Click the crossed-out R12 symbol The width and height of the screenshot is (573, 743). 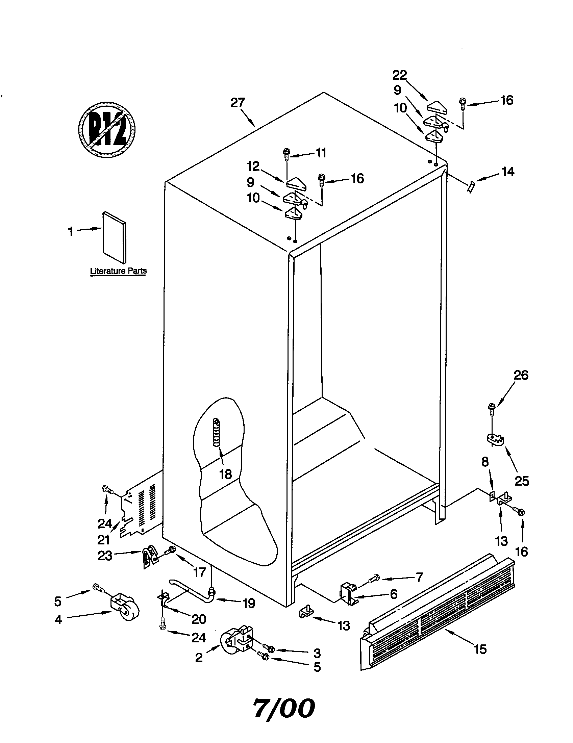click(x=107, y=130)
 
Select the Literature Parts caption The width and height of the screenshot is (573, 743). click(x=118, y=271)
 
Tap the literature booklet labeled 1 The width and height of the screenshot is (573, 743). click(x=114, y=237)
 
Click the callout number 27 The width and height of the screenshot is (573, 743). click(x=238, y=103)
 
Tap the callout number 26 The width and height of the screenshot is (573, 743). click(x=521, y=375)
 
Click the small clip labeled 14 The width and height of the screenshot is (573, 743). click(x=471, y=187)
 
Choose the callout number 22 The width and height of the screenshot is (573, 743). click(x=399, y=75)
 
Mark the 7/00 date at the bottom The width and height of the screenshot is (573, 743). click(x=284, y=707)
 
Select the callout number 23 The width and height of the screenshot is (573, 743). click(x=104, y=556)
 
